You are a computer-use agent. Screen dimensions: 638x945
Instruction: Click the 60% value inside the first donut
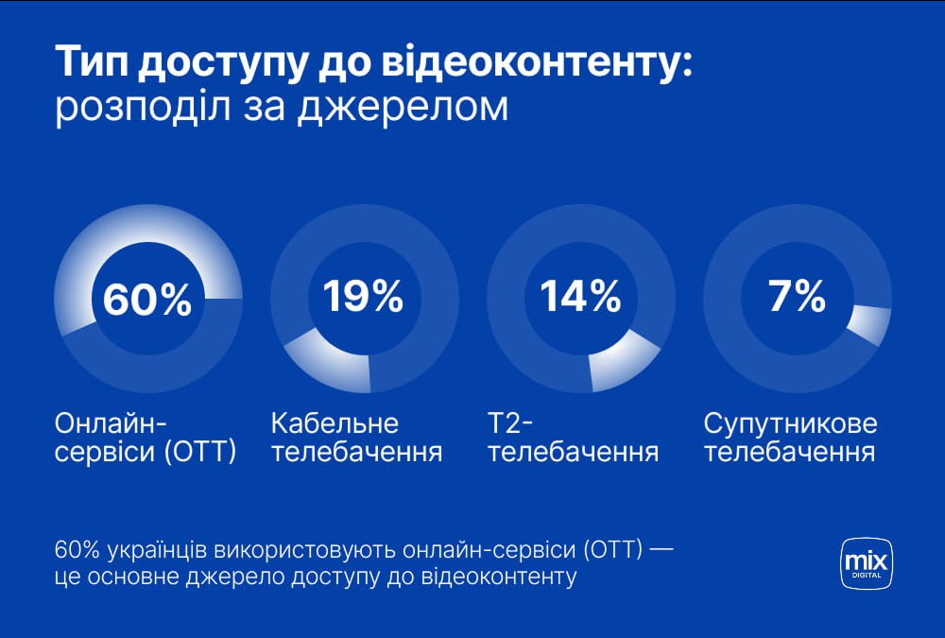tap(146, 300)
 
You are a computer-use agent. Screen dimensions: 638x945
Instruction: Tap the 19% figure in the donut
tap(363, 296)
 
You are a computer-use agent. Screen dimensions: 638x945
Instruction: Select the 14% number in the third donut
tap(580, 296)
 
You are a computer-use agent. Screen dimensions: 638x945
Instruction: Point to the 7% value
tap(797, 296)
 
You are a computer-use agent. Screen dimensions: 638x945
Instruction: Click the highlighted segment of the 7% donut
tap(869, 326)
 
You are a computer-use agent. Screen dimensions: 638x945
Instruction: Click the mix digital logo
tap(867, 564)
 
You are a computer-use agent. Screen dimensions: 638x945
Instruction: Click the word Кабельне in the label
tap(335, 422)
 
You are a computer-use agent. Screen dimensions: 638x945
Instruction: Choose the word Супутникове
tap(791, 422)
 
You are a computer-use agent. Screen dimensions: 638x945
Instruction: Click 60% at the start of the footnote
tap(77, 549)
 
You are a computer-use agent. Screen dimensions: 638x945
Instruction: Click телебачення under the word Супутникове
tap(789, 452)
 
